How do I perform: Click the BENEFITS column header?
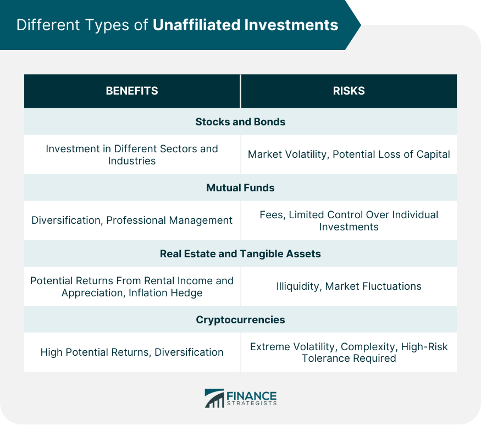click(132, 91)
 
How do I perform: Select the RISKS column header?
click(349, 91)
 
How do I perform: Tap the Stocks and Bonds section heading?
click(241, 122)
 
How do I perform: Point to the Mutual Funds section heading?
click(241, 188)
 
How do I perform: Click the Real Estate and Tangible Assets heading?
click(241, 254)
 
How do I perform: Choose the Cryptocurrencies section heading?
click(241, 320)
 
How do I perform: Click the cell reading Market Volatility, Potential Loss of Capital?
click(349, 154)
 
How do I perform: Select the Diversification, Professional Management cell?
click(132, 220)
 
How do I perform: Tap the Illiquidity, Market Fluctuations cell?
click(349, 286)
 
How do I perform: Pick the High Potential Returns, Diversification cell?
click(132, 352)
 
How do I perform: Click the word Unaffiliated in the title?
click(196, 25)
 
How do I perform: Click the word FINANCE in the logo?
click(252, 395)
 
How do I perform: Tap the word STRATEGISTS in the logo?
click(252, 403)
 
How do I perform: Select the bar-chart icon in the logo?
click(214, 398)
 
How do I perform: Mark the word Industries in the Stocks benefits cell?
click(132, 161)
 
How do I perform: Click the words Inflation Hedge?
click(165, 292)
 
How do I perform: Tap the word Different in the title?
click(48, 25)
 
